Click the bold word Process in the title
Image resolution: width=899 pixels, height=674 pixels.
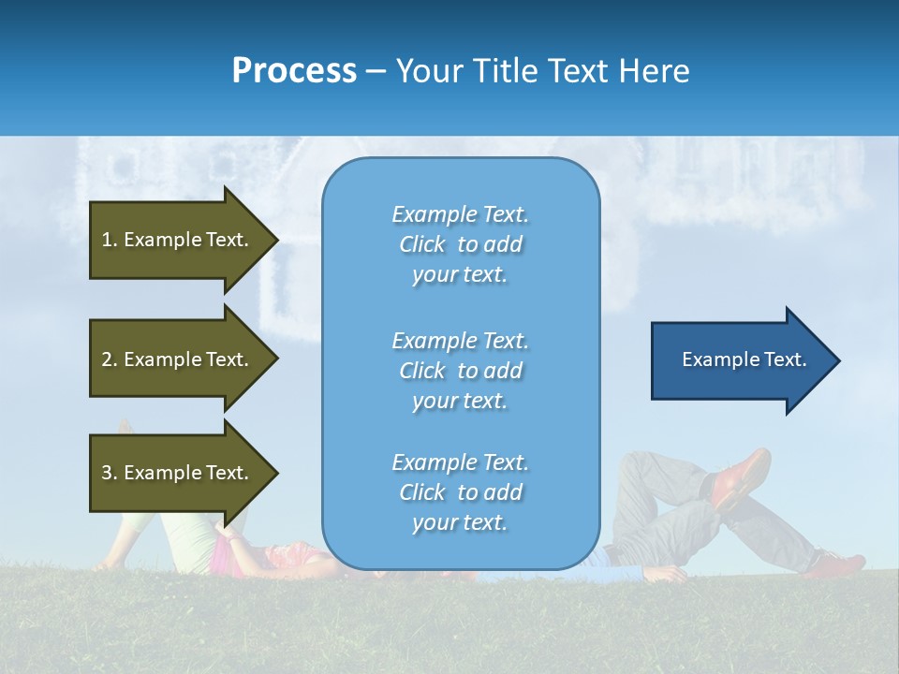pos(294,71)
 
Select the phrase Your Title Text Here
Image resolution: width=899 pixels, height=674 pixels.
pos(542,71)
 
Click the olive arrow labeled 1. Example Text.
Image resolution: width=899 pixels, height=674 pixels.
pos(178,240)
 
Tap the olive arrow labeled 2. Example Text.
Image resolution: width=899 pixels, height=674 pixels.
pos(178,359)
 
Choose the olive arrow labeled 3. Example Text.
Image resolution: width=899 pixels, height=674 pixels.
pos(178,473)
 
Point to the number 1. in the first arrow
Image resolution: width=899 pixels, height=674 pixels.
pos(110,240)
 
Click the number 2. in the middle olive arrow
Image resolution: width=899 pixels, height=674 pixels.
pos(110,359)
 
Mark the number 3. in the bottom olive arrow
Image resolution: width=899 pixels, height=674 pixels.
pos(110,473)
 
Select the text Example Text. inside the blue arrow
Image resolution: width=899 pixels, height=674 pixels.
pos(744,359)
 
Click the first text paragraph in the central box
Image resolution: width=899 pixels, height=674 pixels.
pos(460,244)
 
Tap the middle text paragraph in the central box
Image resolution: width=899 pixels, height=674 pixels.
pos(460,371)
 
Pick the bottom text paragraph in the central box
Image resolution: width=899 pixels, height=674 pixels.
pos(460,492)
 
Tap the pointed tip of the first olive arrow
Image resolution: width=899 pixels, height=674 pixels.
pos(276,240)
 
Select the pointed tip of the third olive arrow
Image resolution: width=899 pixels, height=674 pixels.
pos(276,473)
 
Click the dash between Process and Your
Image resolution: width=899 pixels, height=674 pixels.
pos(376,72)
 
